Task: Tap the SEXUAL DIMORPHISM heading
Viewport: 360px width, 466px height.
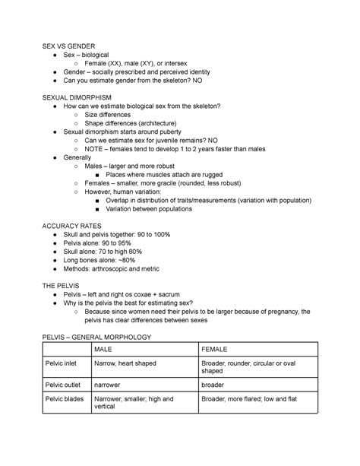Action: click(79, 97)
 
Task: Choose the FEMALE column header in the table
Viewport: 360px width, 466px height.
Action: click(216, 349)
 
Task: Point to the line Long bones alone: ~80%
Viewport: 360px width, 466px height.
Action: click(103, 258)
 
